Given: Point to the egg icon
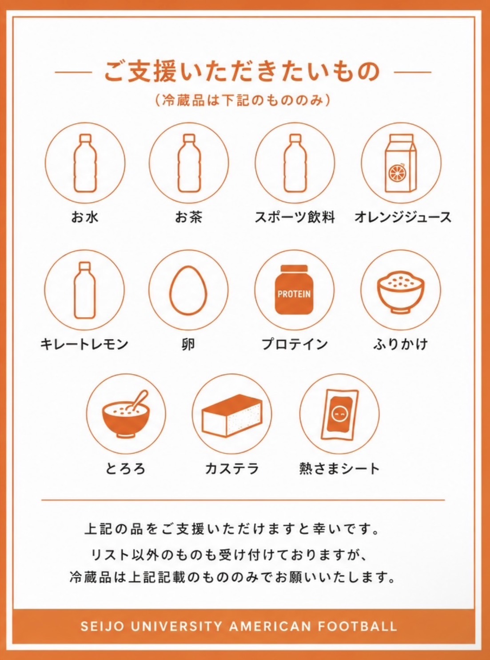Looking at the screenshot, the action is click(x=188, y=290).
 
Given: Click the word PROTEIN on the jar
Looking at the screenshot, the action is click(x=294, y=294).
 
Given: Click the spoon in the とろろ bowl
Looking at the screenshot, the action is click(x=139, y=400).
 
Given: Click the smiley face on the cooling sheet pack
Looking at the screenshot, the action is click(x=340, y=414).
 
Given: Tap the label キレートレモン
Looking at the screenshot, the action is click(x=84, y=344).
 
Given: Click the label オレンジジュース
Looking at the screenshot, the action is click(x=403, y=217).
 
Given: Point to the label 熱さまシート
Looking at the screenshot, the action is click(x=339, y=468).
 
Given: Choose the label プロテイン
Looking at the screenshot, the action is click(x=295, y=344).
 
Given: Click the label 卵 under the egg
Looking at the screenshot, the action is click(x=188, y=344).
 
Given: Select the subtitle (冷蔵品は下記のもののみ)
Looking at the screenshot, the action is click(x=243, y=100).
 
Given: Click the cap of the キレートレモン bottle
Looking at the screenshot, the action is click(x=85, y=266).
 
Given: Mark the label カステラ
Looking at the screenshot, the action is click(x=232, y=468).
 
